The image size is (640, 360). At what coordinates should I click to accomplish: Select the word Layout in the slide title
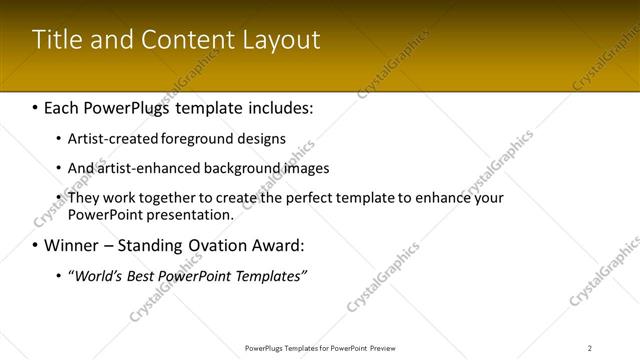click(282, 41)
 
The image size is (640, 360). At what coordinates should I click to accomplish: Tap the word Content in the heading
click(201, 40)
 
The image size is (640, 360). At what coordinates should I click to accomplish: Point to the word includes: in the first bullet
click(273, 107)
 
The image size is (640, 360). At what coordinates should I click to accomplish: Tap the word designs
click(260, 139)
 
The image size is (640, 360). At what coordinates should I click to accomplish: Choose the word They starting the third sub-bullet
click(84, 198)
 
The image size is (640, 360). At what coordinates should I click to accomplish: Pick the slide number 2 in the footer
click(590, 348)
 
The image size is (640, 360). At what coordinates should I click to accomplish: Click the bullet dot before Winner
click(36, 245)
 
